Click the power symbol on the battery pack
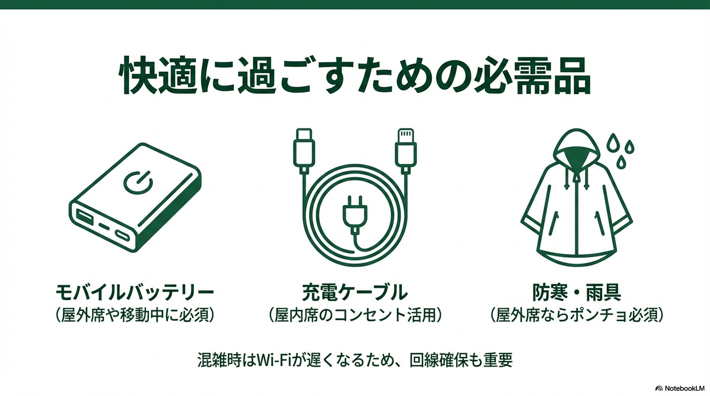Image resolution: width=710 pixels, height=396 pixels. tap(138, 183)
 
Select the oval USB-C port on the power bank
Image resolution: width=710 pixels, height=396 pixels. tap(122, 235)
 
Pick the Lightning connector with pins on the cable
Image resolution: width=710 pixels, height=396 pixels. tap(406, 151)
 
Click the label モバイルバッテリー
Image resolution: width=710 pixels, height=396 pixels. tap(134, 292)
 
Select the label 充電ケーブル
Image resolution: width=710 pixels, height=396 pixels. tap(354, 292)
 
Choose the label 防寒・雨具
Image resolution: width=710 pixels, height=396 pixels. tap(576, 292)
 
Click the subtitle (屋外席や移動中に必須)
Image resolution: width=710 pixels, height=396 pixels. tap(134, 315)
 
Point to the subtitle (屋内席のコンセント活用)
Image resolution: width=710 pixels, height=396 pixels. tap(354, 315)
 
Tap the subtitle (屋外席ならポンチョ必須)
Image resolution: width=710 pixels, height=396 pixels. tap(576, 315)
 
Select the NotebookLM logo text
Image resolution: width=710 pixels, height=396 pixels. tap(684, 388)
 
